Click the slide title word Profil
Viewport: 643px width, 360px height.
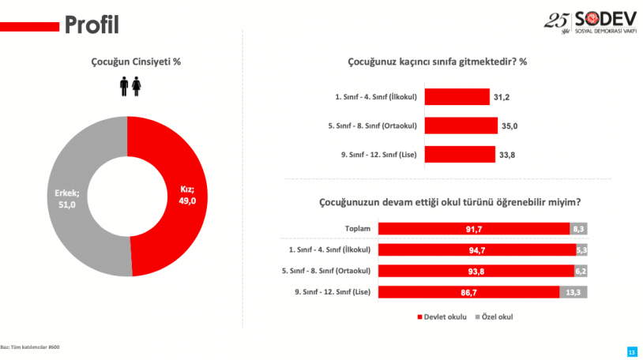click(92, 25)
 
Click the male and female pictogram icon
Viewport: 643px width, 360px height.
click(130, 86)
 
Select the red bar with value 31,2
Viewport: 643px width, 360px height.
click(457, 96)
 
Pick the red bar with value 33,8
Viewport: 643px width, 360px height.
click(460, 153)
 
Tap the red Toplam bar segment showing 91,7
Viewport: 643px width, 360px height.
click(474, 228)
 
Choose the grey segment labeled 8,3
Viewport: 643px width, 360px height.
click(579, 228)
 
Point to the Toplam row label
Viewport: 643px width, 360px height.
click(358, 228)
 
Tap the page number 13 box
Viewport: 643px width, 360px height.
click(630, 350)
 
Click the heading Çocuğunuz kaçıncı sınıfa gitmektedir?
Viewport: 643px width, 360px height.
click(437, 62)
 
